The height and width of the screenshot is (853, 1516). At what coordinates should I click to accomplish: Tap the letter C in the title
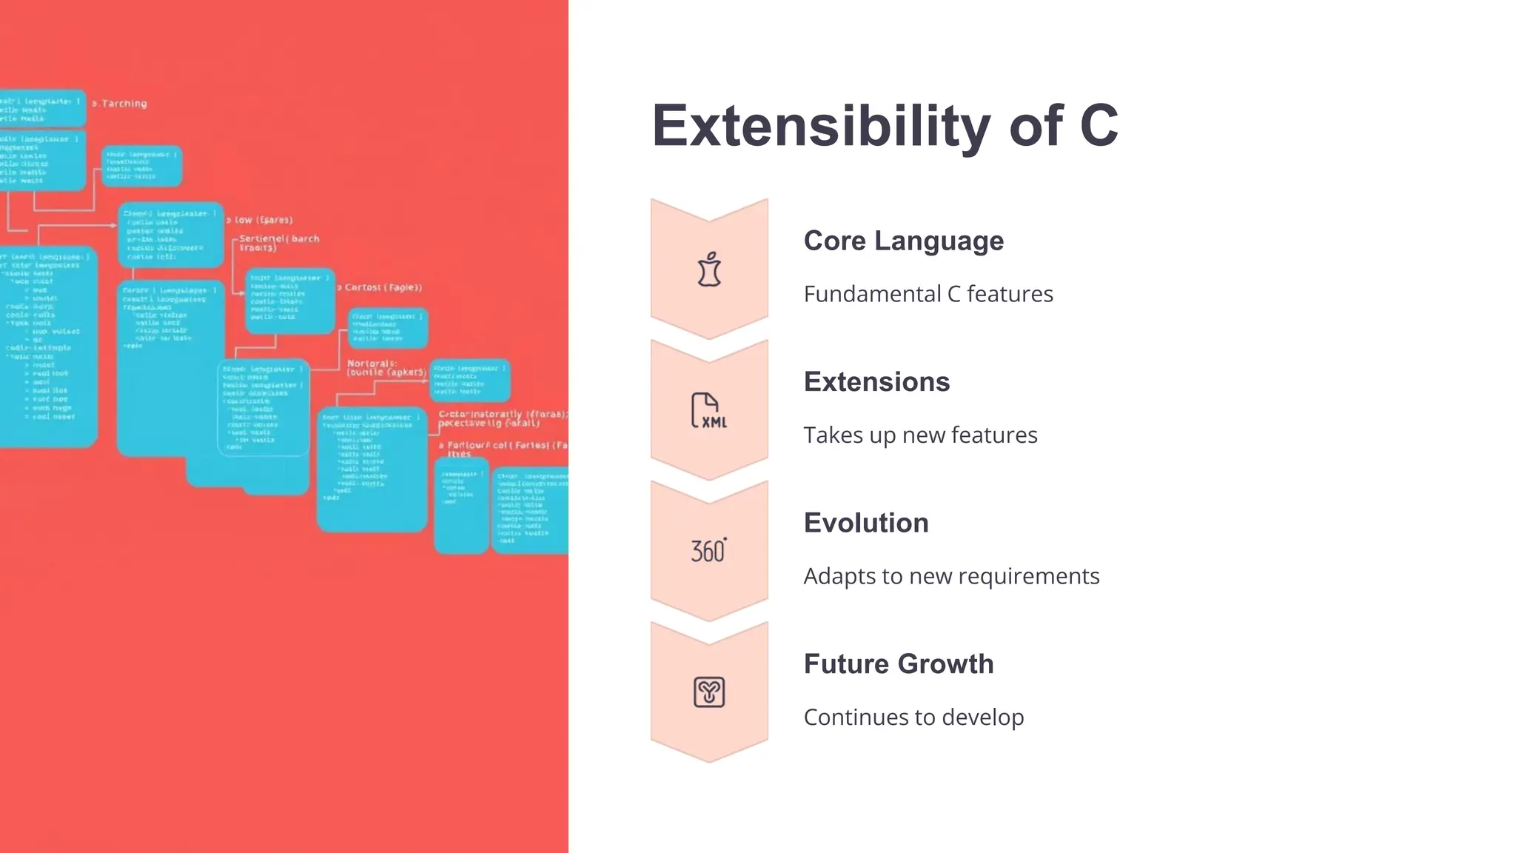pyautogui.click(x=1099, y=127)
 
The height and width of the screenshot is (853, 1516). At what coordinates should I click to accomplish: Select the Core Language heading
pyautogui.click(x=903, y=241)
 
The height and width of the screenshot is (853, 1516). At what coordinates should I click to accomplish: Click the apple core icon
pyautogui.click(x=709, y=270)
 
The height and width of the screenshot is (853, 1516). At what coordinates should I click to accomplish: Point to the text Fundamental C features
pyautogui.click(x=928, y=294)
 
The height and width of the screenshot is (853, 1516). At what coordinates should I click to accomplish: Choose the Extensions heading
pyautogui.click(x=876, y=382)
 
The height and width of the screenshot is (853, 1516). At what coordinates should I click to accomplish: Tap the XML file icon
pyautogui.click(x=708, y=411)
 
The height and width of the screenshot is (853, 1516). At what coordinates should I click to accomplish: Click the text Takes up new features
pyautogui.click(x=920, y=435)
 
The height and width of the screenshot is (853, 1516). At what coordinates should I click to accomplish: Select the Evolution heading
pyautogui.click(x=865, y=523)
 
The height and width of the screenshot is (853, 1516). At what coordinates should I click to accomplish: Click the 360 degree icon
pyautogui.click(x=708, y=551)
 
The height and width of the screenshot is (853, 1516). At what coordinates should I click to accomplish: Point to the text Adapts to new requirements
pyautogui.click(x=951, y=576)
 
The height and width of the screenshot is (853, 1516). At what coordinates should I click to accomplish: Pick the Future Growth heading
pyautogui.click(x=898, y=664)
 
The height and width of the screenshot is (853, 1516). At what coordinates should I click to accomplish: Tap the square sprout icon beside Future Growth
pyautogui.click(x=708, y=692)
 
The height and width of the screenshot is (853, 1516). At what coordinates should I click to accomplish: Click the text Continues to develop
pyautogui.click(x=913, y=717)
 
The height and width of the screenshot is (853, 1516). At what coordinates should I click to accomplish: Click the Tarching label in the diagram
pyautogui.click(x=123, y=104)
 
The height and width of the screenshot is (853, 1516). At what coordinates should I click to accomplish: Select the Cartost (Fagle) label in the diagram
pyautogui.click(x=383, y=287)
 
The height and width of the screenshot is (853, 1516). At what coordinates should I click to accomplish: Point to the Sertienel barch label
pyautogui.click(x=278, y=243)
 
